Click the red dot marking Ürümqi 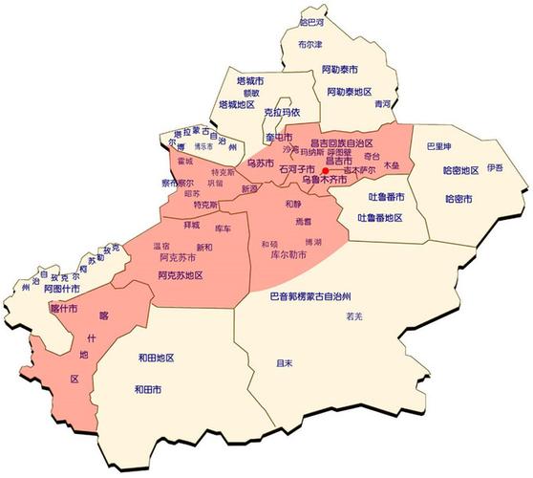[x=326, y=169]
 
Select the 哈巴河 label [x=311, y=20]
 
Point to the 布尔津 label [x=309, y=44]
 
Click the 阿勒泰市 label [x=339, y=70]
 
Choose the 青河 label [x=383, y=102]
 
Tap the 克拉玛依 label [x=282, y=112]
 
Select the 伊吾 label [x=494, y=167]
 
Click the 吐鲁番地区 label [x=379, y=218]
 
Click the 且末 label [x=283, y=363]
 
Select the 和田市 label [x=147, y=389]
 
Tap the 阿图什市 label [x=61, y=287]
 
